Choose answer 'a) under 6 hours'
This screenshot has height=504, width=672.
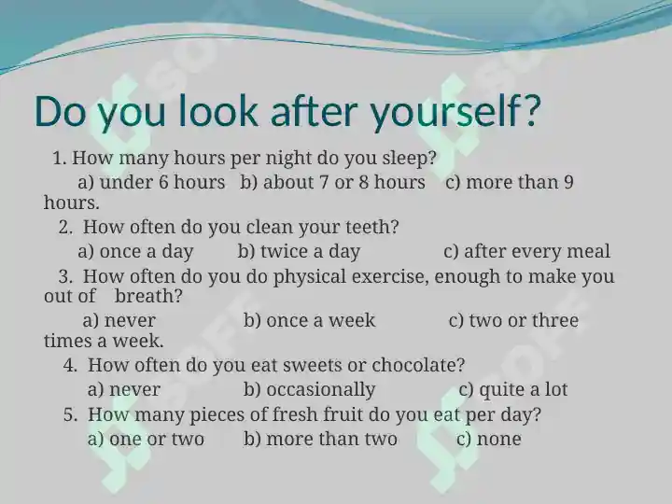tap(151, 183)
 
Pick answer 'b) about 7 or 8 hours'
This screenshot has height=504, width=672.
tap(332, 183)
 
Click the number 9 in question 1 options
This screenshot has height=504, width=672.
tap(568, 183)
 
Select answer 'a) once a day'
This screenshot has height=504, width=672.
tap(135, 252)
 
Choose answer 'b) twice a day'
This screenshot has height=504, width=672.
tap(299, 252)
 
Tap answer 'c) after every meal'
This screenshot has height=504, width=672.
tap(526, 252)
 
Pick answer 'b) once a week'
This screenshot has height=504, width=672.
tap(310, 320)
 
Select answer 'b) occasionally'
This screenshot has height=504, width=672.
tap(310, 390)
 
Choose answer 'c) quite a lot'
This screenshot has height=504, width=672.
tap(513, 390)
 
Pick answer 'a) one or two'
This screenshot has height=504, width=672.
tap(146, 439)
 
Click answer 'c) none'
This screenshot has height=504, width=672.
tap(489, 439)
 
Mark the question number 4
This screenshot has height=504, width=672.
tap(70, 366)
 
